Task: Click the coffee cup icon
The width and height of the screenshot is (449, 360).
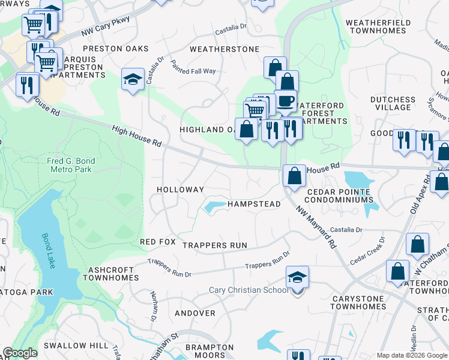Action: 286,100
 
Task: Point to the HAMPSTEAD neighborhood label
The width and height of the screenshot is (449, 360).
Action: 254,204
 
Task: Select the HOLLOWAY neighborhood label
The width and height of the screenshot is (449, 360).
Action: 181,189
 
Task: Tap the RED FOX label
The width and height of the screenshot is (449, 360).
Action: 157,242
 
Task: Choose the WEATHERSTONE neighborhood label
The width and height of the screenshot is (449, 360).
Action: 224,49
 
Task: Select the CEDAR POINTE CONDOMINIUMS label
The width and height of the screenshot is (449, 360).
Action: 340,196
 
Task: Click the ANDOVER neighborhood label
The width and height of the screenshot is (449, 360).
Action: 194,313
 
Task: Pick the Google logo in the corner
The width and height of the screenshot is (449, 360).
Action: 20,353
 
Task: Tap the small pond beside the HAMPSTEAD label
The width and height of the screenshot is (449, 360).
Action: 212,208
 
